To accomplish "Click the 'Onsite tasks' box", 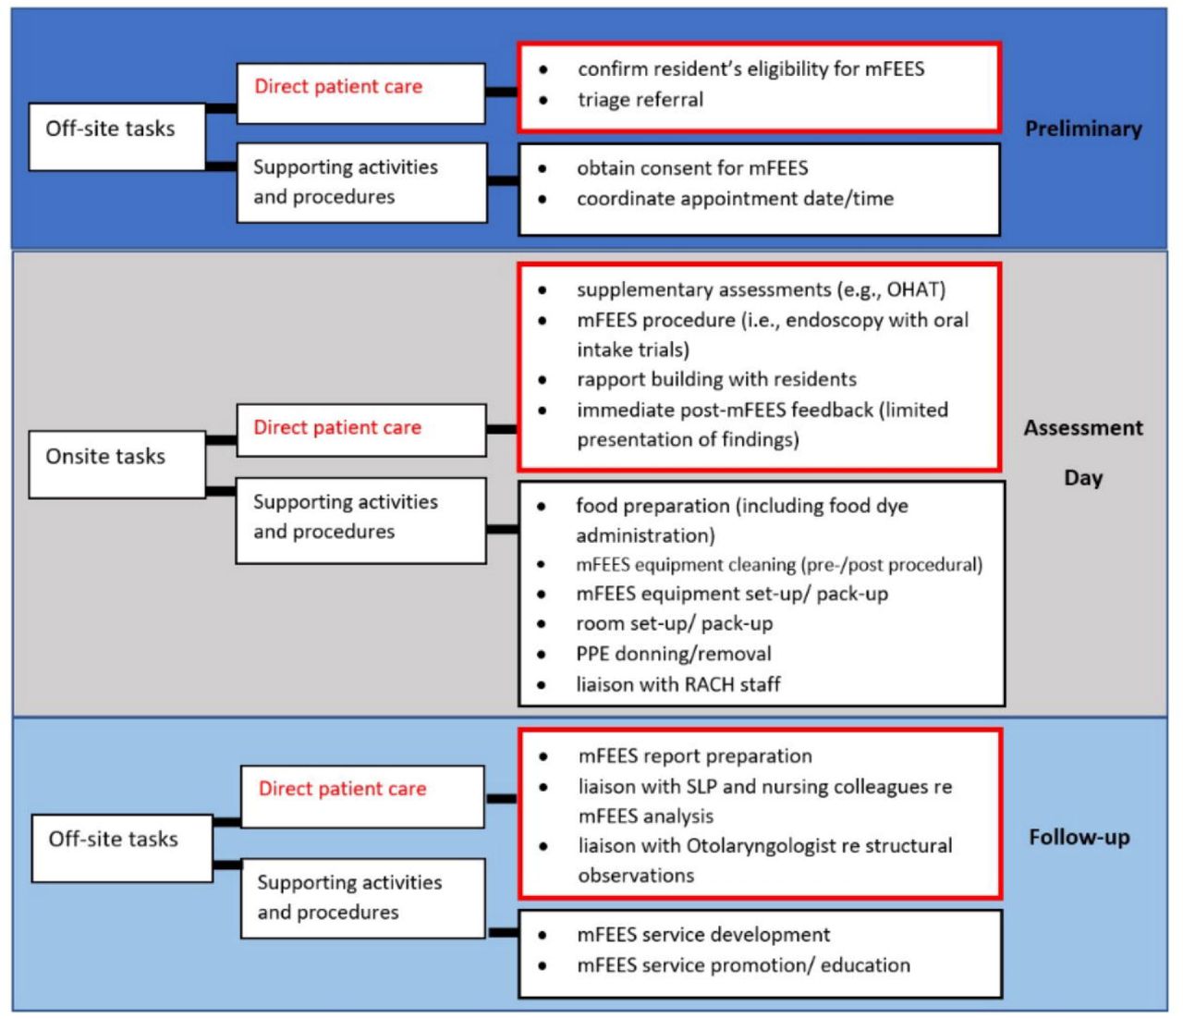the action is point(116,464).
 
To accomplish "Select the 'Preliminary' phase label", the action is point(1083,129).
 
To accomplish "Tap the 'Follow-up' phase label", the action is point(1079,837).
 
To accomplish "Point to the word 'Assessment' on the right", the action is point(1083,427).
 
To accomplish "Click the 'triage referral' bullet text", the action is point(640,100).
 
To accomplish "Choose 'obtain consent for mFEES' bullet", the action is point(692,167).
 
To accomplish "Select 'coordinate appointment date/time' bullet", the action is point(735,199).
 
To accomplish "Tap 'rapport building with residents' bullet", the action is point(716,379).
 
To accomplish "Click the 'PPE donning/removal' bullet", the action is point(674,653).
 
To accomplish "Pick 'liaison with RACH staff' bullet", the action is point(678,684).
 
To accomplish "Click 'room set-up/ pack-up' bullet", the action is point(674,623).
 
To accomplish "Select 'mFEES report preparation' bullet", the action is point(695,756).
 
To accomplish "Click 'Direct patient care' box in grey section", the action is point(361,430).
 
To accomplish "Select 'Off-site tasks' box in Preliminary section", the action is point(116,137).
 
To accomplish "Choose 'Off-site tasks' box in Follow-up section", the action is point(122,849).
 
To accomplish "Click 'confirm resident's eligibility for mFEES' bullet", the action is point(750,68).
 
